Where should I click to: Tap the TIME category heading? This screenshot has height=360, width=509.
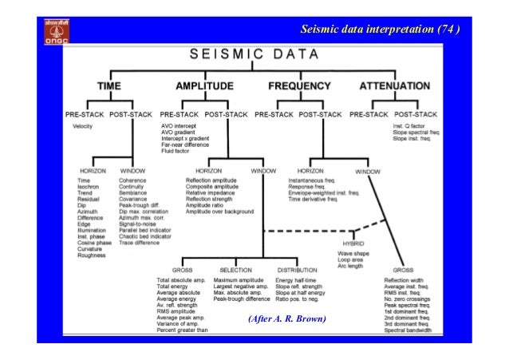[111, 85]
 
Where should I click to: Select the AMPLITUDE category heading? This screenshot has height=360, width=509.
[203, 85]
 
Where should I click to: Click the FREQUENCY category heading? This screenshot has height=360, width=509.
[299, 85]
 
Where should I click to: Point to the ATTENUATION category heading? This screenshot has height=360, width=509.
[395, 85]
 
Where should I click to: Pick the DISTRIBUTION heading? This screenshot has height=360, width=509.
[298, 270]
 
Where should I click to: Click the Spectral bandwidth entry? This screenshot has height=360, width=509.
[408, 329]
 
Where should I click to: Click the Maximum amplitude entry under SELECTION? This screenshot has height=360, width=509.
[239, 281]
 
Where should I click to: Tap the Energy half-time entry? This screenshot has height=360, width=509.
[296, 281]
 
